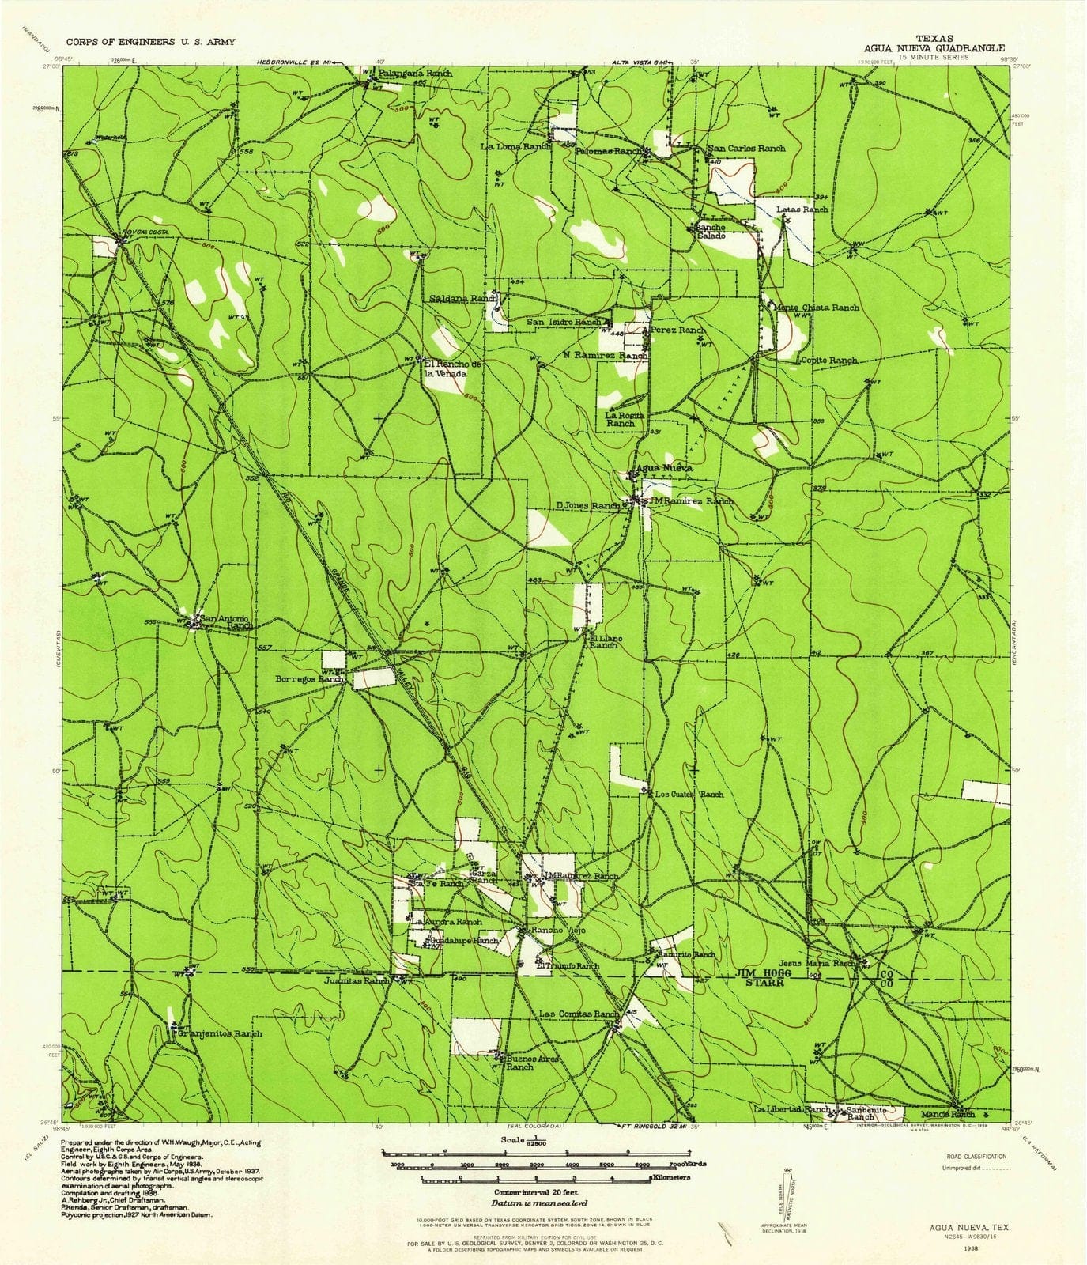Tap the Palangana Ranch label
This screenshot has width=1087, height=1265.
(416, 73)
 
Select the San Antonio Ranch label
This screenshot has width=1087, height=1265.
(225, 621)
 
